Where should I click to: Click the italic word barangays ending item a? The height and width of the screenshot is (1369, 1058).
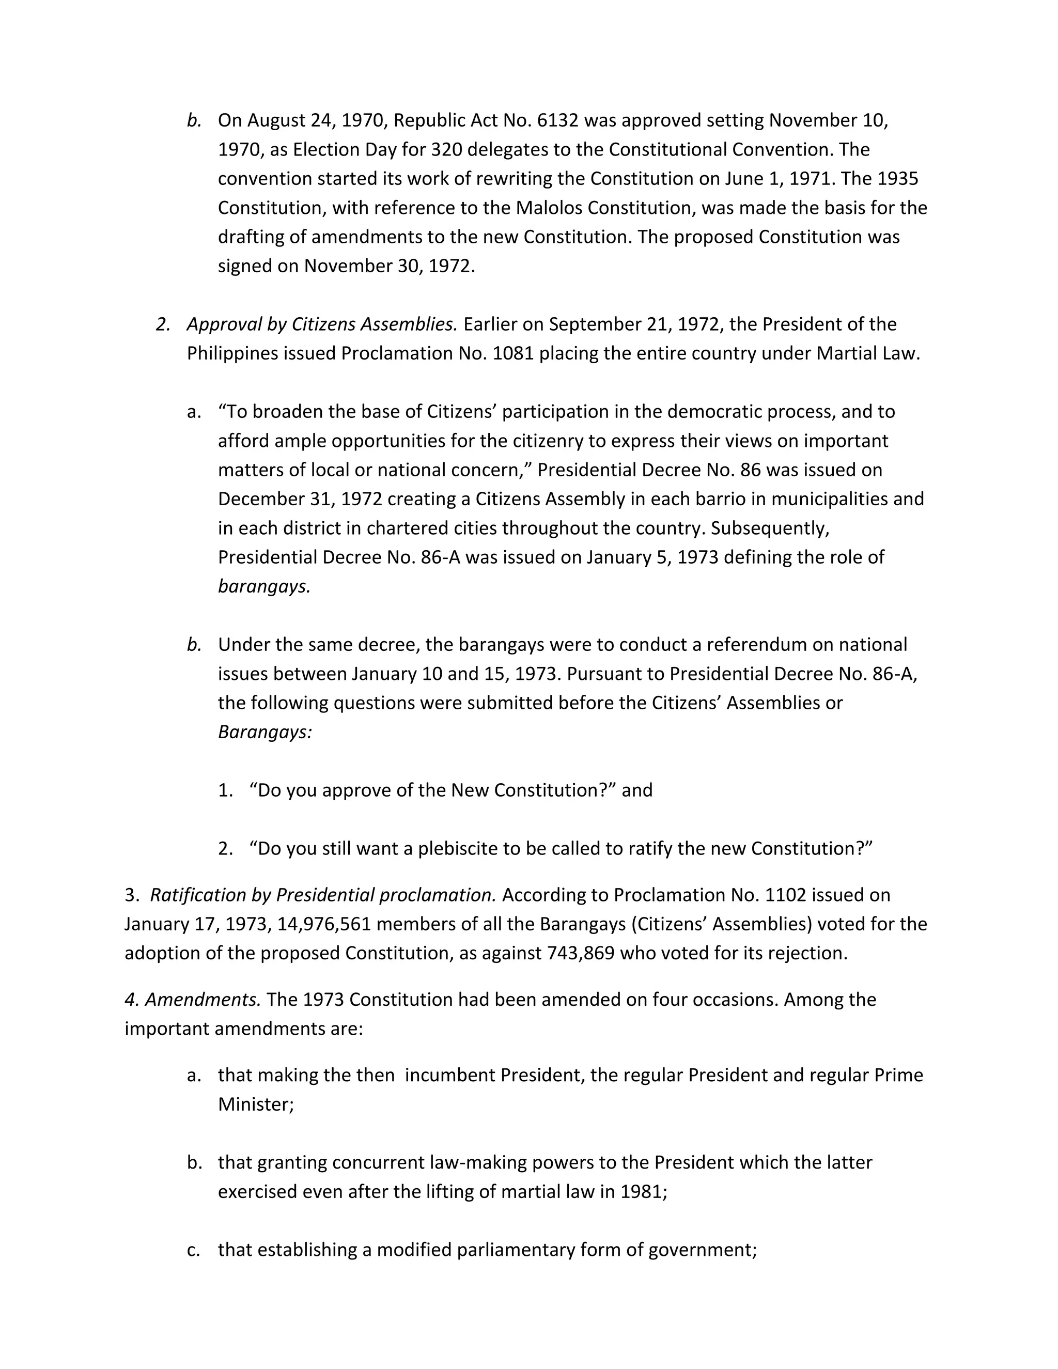[x=264, y=586]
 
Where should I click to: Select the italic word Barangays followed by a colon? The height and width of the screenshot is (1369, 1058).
[x=264, y=732]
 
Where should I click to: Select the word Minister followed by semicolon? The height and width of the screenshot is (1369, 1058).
[x=256, y=1104]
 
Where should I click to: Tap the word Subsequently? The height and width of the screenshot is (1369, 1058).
[x=770, y=528]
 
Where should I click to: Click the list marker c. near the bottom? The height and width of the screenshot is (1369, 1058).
[x=194, y=1249]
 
